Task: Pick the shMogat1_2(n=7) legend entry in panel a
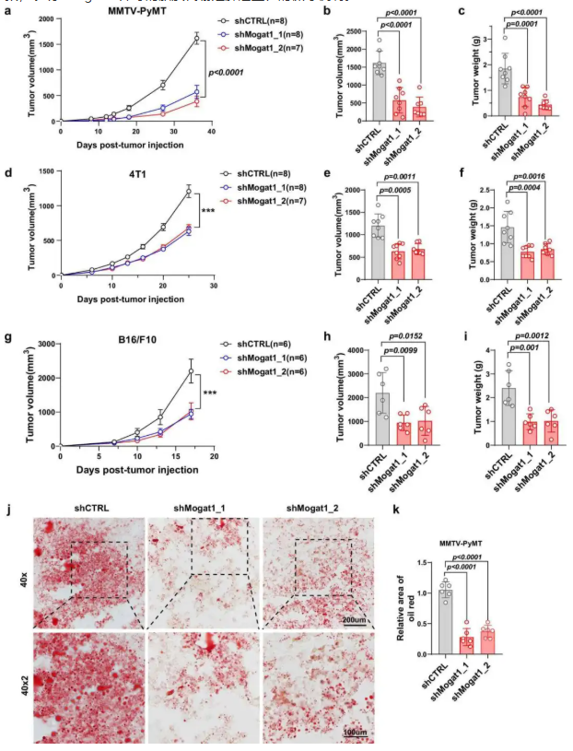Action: click(x=273, y=48)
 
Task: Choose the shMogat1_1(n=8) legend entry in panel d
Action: click(x=273, y=186)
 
